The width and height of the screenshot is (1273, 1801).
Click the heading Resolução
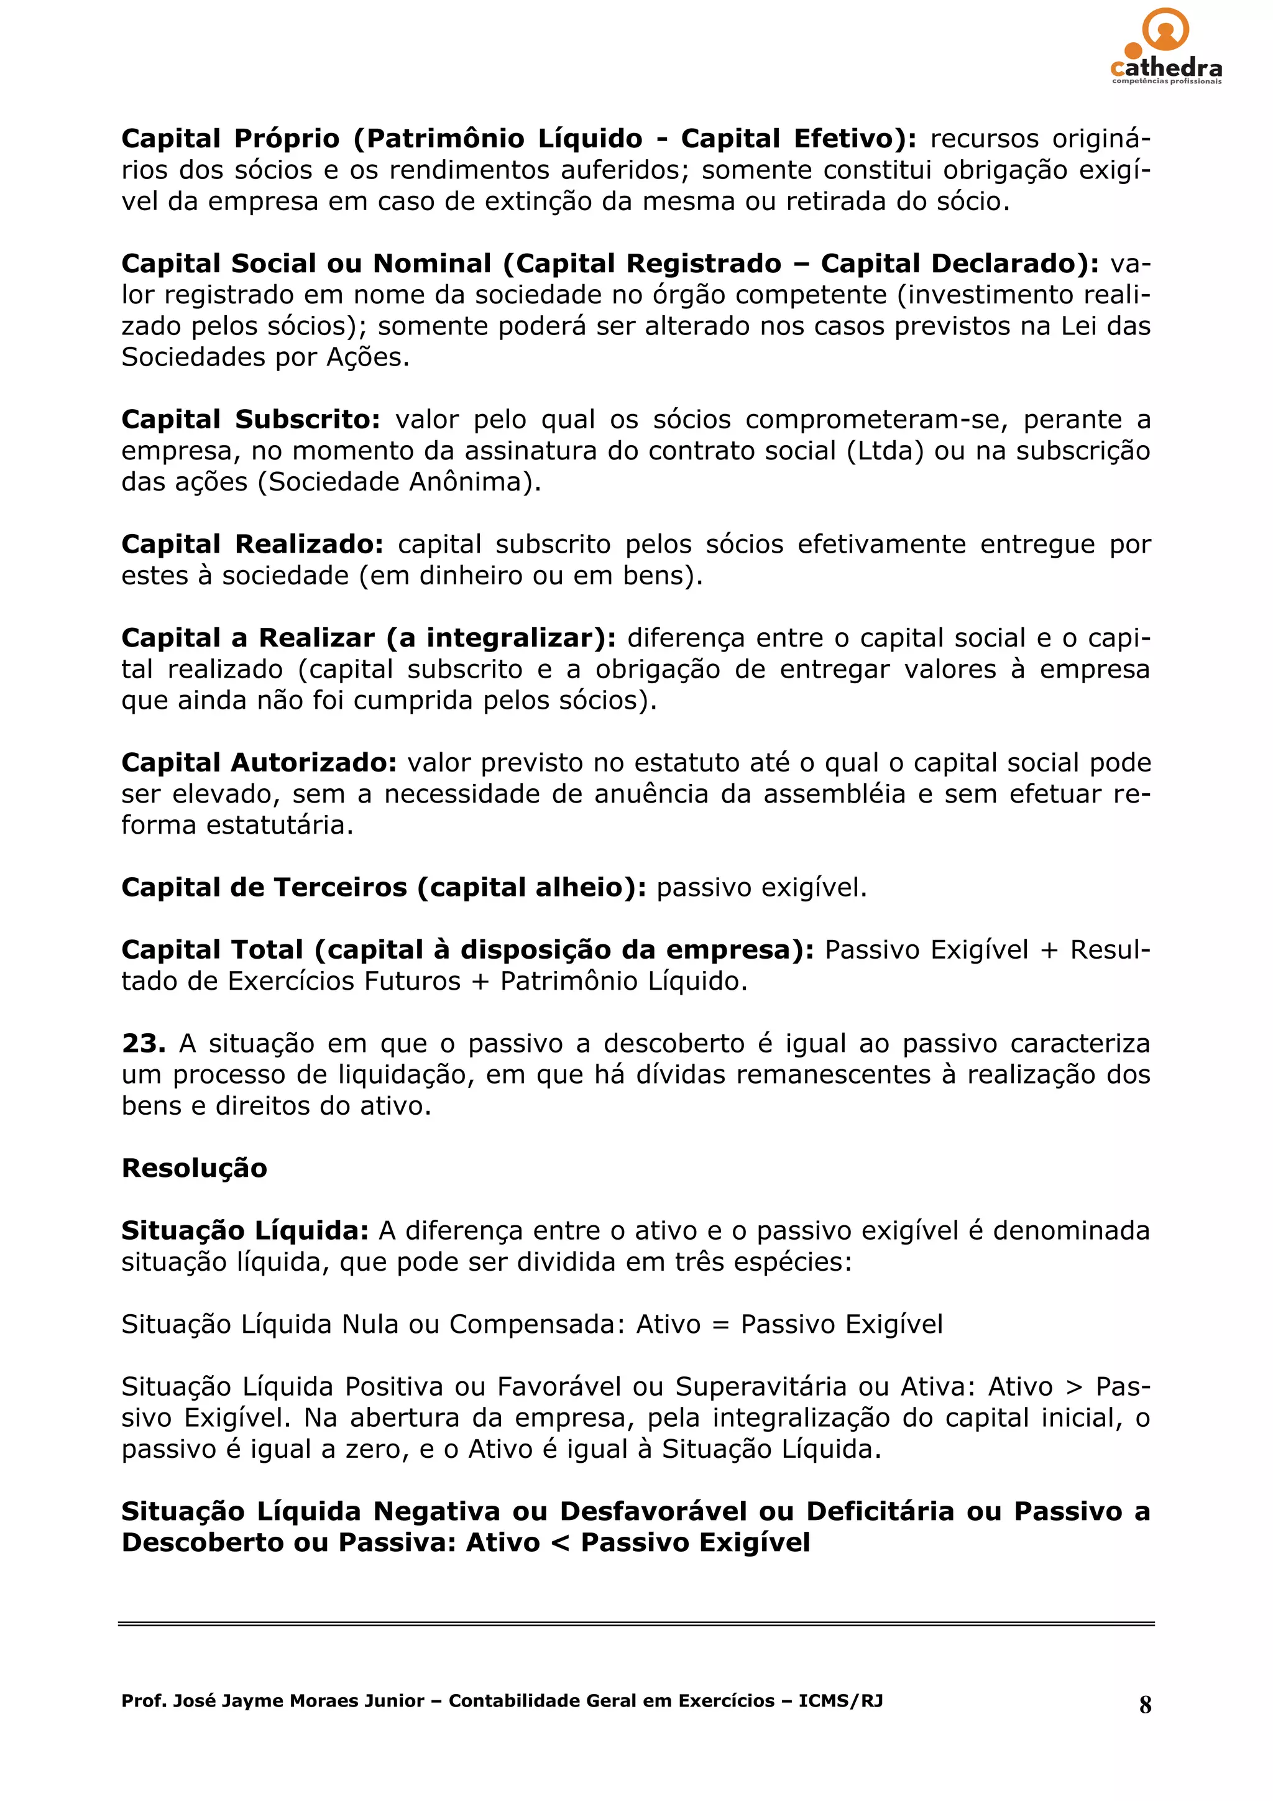click(194, 1168)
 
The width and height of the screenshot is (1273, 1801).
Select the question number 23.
click(143, 1043)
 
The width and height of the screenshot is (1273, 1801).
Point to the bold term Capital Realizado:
click(252, 545)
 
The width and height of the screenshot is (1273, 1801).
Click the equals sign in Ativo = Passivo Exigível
click(720, 1325)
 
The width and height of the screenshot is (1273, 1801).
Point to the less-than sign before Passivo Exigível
click(559, 1543)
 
